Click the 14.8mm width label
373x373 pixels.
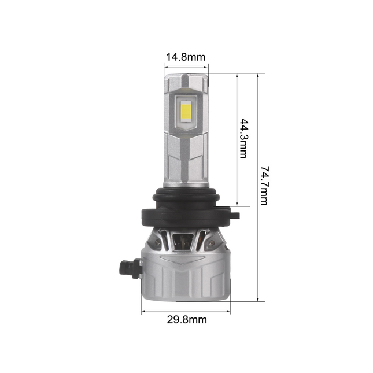coord(186,57)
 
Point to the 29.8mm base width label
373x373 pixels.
coord(186,319)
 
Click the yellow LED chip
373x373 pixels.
coord(186,109)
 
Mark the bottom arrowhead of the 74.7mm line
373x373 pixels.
coord(257,300)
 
